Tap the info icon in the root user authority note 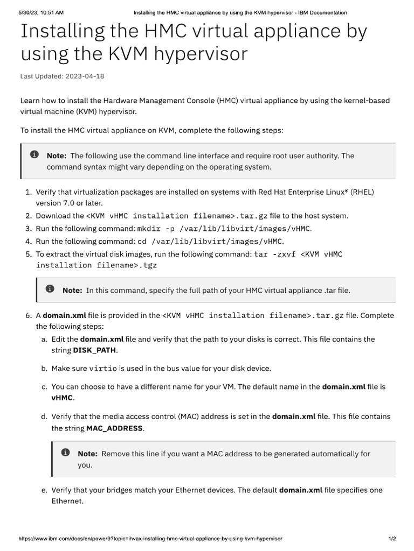click(x=34, y=155)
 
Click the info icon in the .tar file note click(x=50, y=289)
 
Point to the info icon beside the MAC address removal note click(x=66, y=453)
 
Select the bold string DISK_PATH click(x=94, y=350)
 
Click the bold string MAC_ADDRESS click(x=114, y=428)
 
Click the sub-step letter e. click(x=44, y=490)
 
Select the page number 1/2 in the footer click(x=392, y=539)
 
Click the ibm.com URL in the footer click(x=150, y=539)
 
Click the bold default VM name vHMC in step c click(x=63, y=398)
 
